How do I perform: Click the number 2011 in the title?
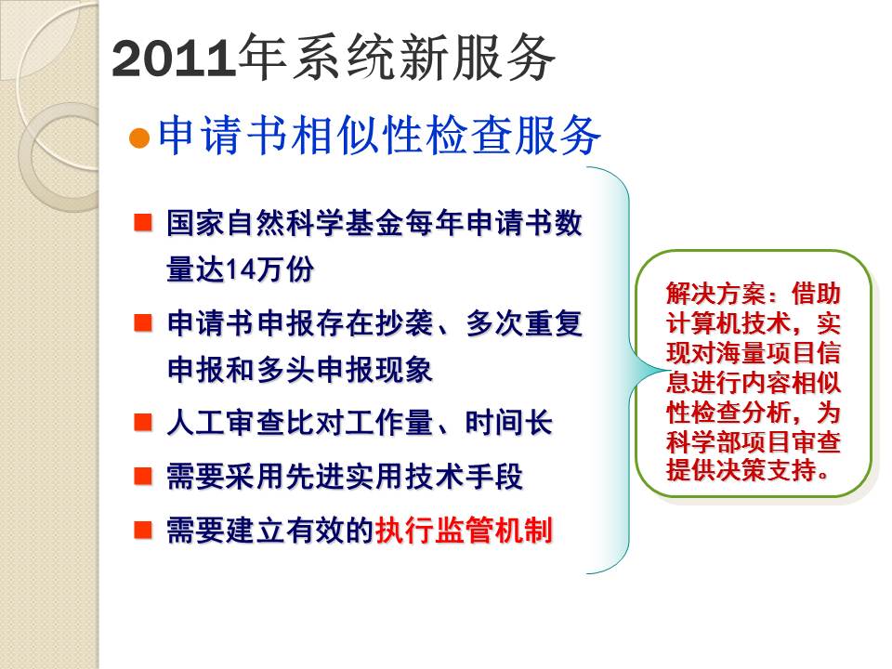(174, 59)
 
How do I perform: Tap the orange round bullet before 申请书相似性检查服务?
(139, 138)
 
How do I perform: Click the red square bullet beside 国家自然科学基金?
(143, 222)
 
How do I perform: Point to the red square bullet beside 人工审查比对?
(143, 423)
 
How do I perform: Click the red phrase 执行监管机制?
(464, 531)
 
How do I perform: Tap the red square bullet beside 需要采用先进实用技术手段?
(143, 476)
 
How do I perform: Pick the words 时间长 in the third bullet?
(508, 424)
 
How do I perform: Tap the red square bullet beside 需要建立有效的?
(143, 530)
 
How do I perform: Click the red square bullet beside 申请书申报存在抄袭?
(143, 322)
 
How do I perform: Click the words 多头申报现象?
(345, 370)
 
